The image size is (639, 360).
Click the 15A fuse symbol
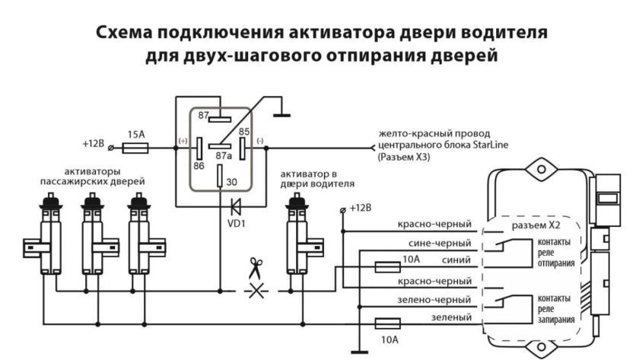[x=136, y=145]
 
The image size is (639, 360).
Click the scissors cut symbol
[x=253, y=269]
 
